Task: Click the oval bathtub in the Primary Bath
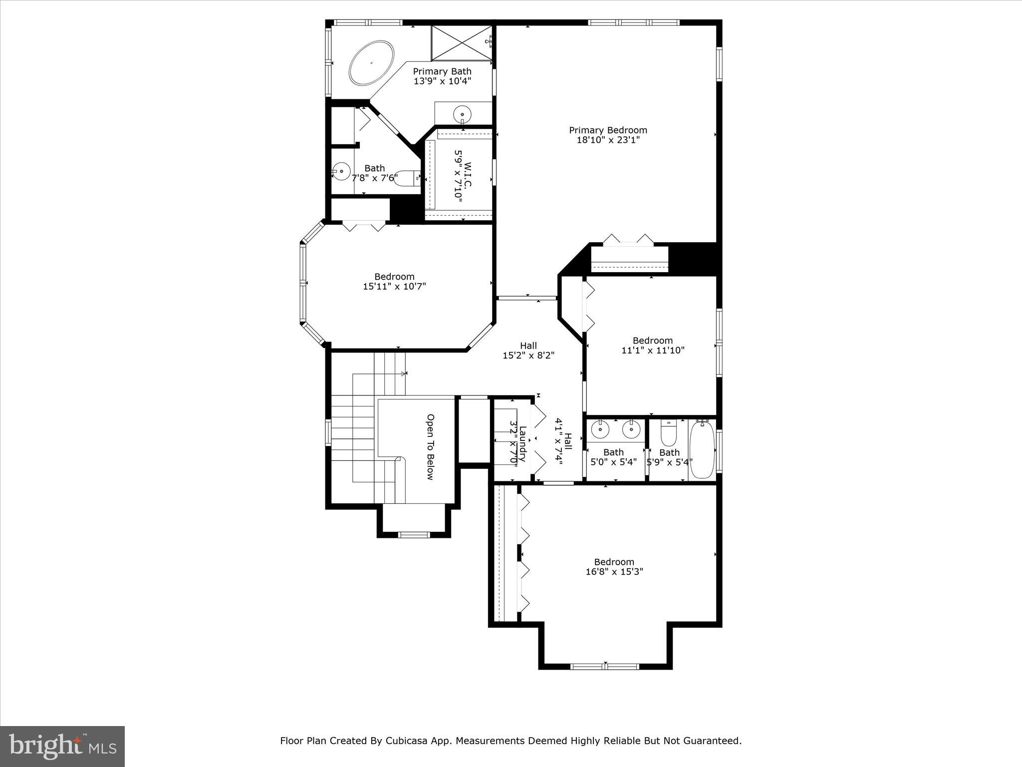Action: pos(371,63)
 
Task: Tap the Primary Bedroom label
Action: pos(608,130)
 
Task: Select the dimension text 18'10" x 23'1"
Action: pos(608,140)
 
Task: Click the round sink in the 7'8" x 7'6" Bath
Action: pos(341,171)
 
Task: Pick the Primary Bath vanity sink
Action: pos(462,114)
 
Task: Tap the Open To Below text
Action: pos(430,447)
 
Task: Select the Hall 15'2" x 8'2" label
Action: pos(528,351)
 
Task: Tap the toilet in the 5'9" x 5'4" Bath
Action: pos(668,433)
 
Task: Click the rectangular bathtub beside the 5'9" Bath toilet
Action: pos(702,449)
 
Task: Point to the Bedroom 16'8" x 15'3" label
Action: pos(614,567)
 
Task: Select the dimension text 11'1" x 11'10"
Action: pos(653,351)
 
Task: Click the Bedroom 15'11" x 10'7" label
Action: pos(394,281)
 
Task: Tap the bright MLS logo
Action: pos(62,746)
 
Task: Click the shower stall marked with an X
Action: pos(462,43)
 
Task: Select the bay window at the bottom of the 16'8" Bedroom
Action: pos(605,666)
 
